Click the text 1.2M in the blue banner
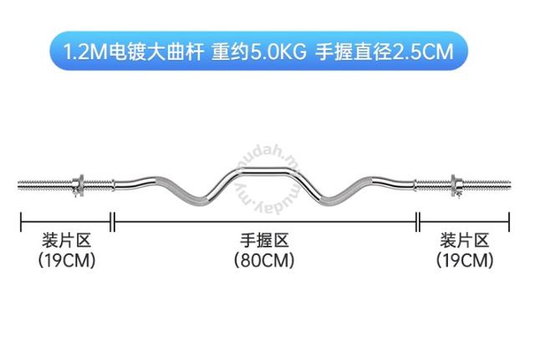pos(85,52)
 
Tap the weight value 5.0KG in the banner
pos(278,52)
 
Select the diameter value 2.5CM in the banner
pos(424,52)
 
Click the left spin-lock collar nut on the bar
pos(79,185)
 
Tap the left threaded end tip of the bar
pos(19,185)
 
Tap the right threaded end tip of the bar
pos(509,185)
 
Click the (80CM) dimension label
pos(264,260)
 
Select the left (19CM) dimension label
pos(67,260)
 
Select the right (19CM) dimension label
pos(465,260)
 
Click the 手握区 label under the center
pos(264,241)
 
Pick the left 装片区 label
pos(67,241)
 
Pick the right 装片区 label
pos(465,241)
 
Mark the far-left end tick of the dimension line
pos(21,222)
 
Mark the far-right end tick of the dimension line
pos(509,222)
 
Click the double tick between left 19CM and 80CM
pos(113,222)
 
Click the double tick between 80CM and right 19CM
pos(418,222)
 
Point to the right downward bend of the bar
pos(329,200)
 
